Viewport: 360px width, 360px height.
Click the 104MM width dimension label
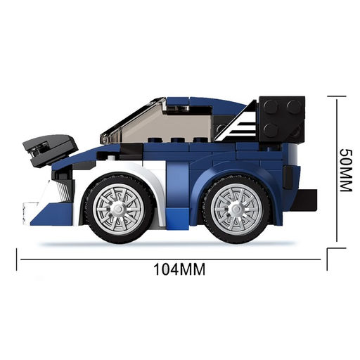tap(179, 269)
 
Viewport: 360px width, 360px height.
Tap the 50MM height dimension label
tap(346, 170)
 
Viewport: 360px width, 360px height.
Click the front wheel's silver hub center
tap(118, 208)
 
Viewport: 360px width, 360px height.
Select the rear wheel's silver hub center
tap(236, 208)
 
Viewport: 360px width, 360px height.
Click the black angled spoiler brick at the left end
tap(50, 150)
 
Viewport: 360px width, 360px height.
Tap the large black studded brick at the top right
tap(282, 119)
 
